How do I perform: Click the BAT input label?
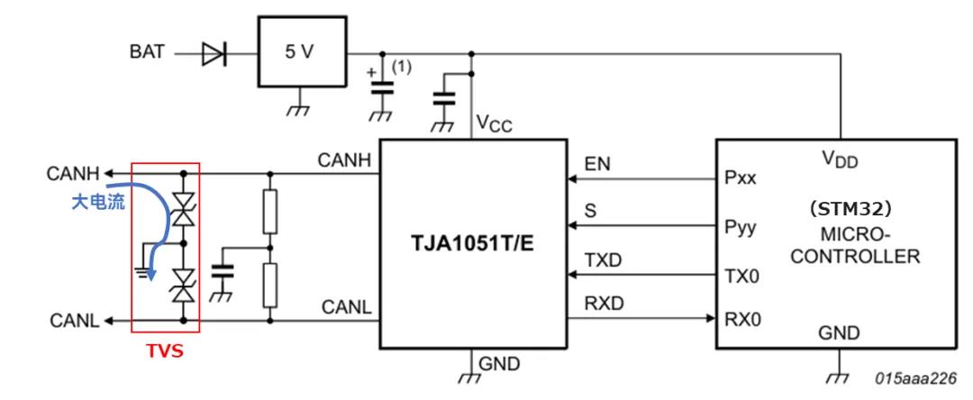click(x=144, y=52)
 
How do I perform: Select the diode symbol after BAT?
click(x=214, y=53)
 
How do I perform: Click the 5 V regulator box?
click(x=300, y=52)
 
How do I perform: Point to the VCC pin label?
click(x=494, y=123)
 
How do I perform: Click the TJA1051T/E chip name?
click(x=472, y=243)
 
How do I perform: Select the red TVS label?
click(x=165, y=351)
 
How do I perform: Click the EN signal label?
click(x=597, y=165)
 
